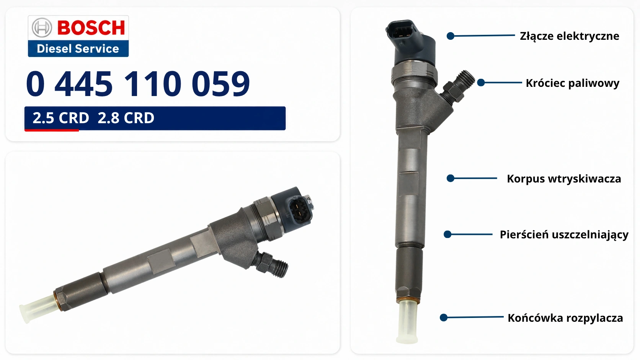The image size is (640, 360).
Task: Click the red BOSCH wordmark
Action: (x=91, y=28)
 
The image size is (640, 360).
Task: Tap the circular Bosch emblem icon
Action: (x=42, y=28)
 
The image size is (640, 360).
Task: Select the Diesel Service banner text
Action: (x=78, y=49)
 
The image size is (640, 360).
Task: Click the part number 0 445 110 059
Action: (x=138, y=83)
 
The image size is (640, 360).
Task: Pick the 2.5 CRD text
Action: (x=61, y=118)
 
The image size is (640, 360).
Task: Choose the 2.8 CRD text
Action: (x=126, y=118)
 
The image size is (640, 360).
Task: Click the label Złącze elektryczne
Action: (x=570, y=36)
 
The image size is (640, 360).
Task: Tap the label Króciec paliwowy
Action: (x=572, y=83)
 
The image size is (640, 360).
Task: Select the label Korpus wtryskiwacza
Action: (x=564, y=179)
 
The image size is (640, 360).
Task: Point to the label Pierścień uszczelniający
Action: (x=564, y=235)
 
